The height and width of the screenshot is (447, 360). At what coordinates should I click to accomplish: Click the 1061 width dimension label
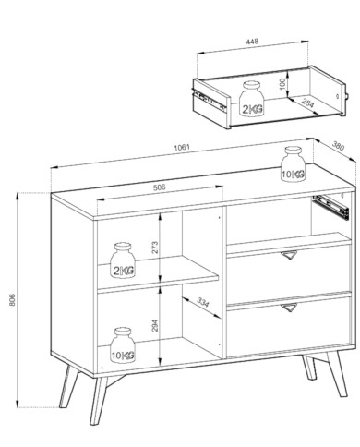(x=182, y=147)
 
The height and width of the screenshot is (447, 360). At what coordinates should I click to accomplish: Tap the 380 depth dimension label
(x=338, y=146)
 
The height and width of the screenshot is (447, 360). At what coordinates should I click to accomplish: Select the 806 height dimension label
(x=12, y=299)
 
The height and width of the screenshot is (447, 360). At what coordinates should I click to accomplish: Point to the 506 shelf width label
(x=159, y=187)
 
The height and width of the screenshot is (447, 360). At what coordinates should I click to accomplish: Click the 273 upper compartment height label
(x=155, y=247)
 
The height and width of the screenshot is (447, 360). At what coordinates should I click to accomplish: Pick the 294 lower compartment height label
(x=155, y=325)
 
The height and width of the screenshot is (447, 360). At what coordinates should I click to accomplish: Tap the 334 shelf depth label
(x=202, y=302)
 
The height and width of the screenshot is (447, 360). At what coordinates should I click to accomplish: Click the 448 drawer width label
(x=252, y=41)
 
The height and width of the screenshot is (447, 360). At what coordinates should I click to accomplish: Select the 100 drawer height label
(x=283, y=84)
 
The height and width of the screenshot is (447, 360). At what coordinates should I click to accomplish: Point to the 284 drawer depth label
(x=307, y=103)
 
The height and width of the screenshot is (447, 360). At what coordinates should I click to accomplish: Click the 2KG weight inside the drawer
(x=252, y=99)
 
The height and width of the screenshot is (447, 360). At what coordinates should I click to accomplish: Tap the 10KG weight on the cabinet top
(x=293, y=164)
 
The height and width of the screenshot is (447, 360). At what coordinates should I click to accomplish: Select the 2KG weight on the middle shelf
(x=123, y=260)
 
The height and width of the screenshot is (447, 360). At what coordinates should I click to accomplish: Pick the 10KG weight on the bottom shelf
(x=123, y=345)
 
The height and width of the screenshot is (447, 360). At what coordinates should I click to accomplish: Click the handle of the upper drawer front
(x=290, y=255)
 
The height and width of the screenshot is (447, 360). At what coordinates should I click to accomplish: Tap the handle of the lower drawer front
(x=290, y=308)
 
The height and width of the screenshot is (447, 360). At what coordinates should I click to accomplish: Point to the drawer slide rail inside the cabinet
(x=330, y=206)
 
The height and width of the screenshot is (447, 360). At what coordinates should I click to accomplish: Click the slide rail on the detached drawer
(x=209, y=99)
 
